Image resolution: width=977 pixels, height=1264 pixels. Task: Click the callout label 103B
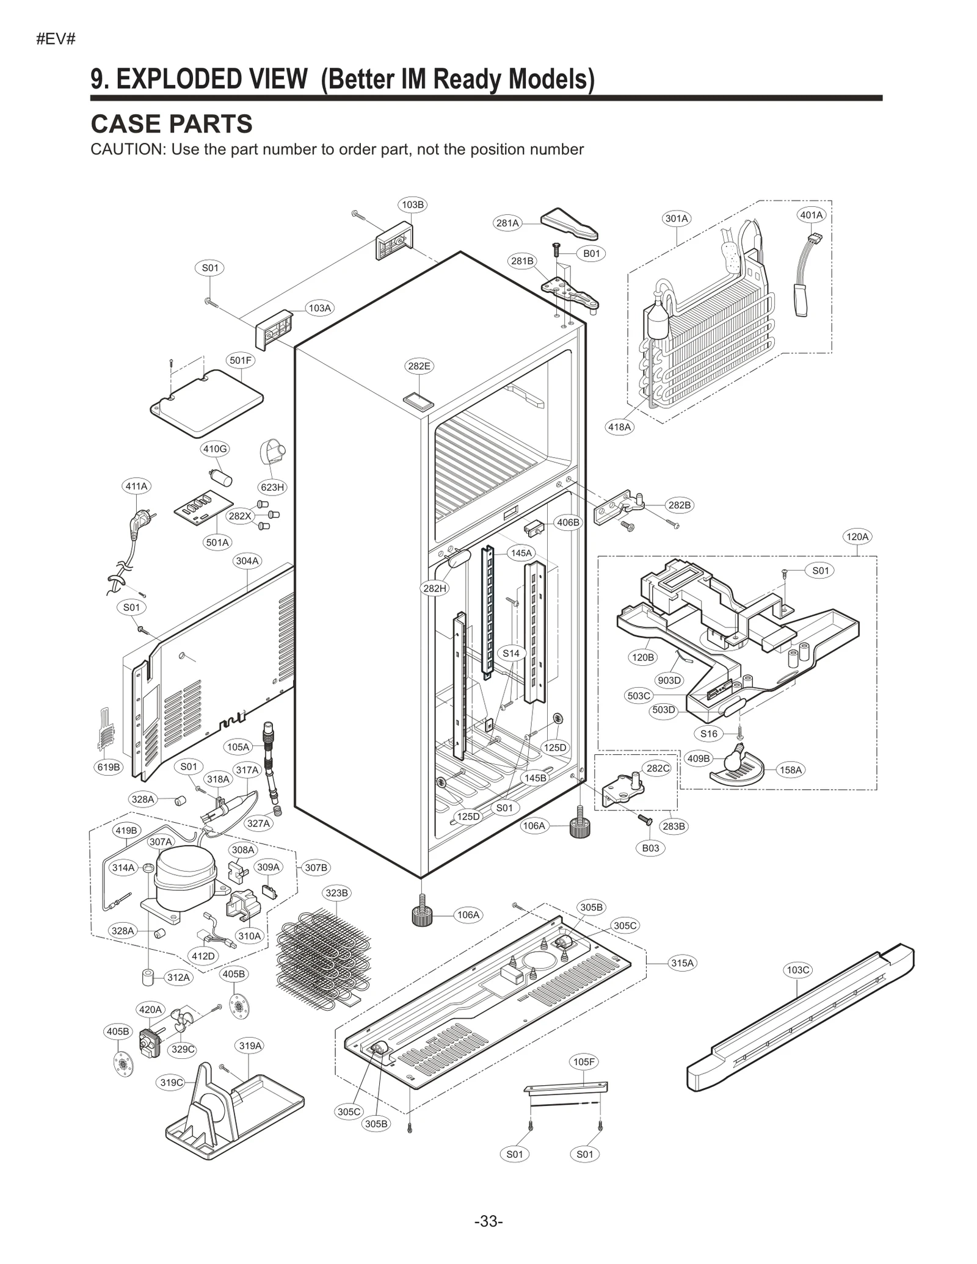tap(413, 204)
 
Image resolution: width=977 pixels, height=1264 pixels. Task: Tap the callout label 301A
tap(677, 218)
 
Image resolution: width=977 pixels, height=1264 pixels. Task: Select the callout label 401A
tap(812, 215)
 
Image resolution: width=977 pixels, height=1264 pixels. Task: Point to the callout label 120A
tap(857, 536)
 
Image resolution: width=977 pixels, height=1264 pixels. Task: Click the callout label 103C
tap(797, 970)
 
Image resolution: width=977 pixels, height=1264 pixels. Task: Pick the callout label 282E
tap(419, 366)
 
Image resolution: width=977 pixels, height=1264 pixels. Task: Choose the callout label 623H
tap(272, 487)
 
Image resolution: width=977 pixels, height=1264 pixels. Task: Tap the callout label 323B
tap(336, 893)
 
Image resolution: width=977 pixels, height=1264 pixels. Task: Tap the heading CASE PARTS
tap(172, 124)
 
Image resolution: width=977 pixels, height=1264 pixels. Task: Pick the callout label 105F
tap(584, 1062)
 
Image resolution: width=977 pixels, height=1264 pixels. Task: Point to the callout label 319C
tap(172, 1082)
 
